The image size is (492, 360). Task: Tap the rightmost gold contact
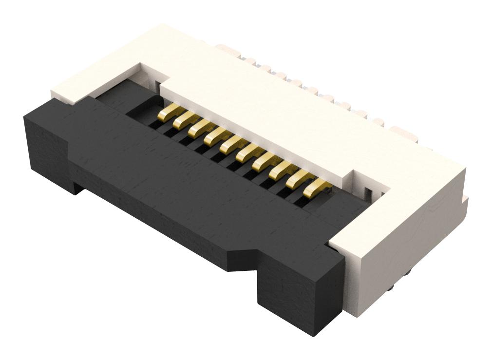pos(316,187)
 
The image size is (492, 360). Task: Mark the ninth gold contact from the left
pos(299,179)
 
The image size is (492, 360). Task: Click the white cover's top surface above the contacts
pos(273,112)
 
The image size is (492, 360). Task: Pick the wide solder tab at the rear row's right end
pos(403,133)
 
